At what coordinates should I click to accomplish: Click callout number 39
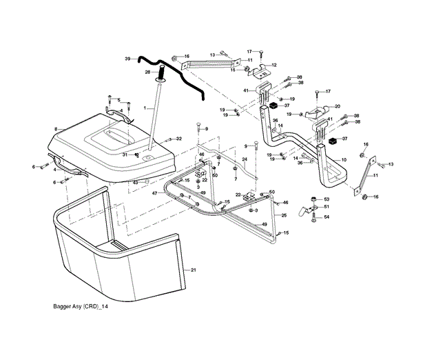(127, 59)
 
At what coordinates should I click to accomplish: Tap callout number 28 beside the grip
(147, 72)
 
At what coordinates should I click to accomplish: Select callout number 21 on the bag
(194, 269)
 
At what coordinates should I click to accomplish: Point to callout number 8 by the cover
(54, 129)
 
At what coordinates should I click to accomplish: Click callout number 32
(178, 139)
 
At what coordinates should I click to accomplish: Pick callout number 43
(135, 182)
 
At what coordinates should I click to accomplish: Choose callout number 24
(244, 160)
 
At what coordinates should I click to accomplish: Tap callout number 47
(156, 194)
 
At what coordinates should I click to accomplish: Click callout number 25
(284, 216)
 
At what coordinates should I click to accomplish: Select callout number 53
(327, 199)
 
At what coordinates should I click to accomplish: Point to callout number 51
(327, 207)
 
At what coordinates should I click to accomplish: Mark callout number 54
(327, 217)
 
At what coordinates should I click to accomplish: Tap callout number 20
(338, 106)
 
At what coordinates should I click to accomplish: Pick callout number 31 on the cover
(125, 155)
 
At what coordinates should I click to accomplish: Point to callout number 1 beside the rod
(145, 109)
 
